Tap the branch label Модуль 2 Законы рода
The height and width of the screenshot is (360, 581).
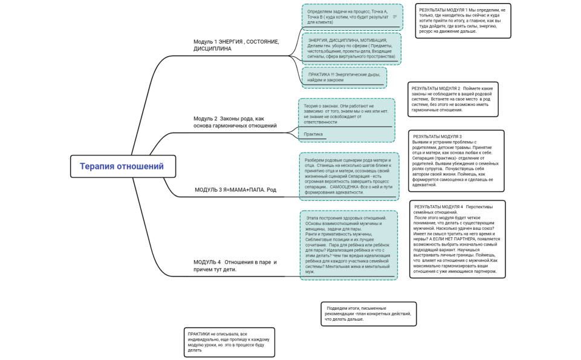pyautogui.click(x=235, y=122)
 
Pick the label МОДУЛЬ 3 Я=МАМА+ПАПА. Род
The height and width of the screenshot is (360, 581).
pyautogui.click(x=235, y=189)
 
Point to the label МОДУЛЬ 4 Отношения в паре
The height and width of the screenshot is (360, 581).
pyautogui.click(x=235, y=266)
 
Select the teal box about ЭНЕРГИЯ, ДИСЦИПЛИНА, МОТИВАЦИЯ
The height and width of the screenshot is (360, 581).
pyautogui.click(x=351, y=48)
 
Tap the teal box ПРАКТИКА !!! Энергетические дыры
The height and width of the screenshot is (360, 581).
pyautogui.click(x=344, y=77)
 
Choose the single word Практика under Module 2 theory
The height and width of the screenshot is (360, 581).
pyautogui.click(x=313, y=134)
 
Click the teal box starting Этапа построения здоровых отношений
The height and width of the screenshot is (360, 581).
pyautogui.click(x=348, y=245)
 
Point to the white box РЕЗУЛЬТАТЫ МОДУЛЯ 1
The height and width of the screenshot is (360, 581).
pyautogui.click(x=463, y=21)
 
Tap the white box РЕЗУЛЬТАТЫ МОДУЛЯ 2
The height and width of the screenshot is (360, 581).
pyautogui.click(x=453, y=99)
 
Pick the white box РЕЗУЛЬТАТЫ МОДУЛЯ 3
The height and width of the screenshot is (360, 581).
pyautogui.click(x=456, y=160)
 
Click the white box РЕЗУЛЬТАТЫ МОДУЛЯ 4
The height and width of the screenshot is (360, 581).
pyautogui.click(x=457, y=239)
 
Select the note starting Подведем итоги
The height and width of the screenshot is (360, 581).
pyautogui.click(x=368, y=313)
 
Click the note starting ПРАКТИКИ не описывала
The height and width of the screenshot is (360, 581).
pyautogui.click(x=229, y=342)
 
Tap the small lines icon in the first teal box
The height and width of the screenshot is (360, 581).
pyautogui.click(x=395, y=17)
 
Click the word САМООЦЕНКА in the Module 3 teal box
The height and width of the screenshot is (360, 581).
pyautogui.click(x=344, y=186)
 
